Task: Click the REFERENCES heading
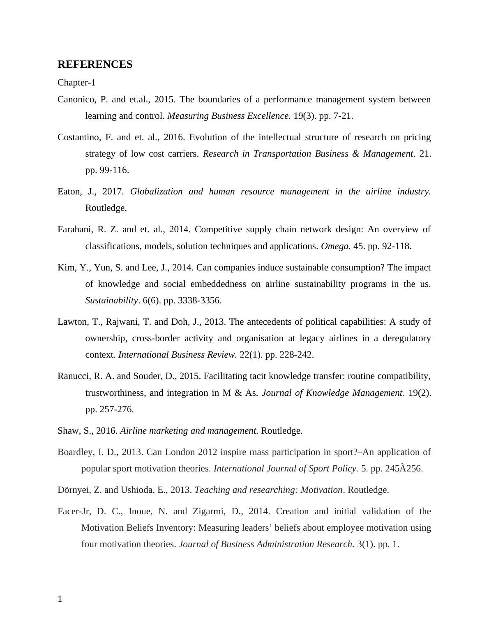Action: click(x=95, y=65)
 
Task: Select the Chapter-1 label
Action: click(x=76, y=83)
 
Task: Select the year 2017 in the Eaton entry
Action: click(x=113, y=192)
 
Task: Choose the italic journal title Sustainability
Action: click(x=111, y=300)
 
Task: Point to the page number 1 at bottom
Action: click(x=60, y=599)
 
